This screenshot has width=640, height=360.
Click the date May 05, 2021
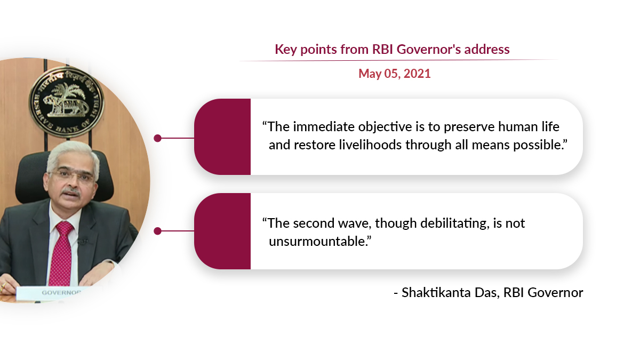pyautogui.click(x=394, y=74)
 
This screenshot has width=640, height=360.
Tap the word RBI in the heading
pyautogui.click(x=382, y=49)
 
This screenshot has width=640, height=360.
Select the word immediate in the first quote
pyautogui.click(x=324, y=126)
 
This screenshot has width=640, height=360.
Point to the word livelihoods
pyautogui.click(x=370, y=145)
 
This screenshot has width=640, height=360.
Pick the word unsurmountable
pyautogui.click(x=317, y=242)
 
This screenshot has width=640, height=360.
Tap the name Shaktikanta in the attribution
pyautogui.click(x=436, y=293)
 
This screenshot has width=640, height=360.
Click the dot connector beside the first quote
pyautogui.click(x=157, y=138)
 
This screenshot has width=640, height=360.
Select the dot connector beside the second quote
pyautogui.click(x=157, y=231)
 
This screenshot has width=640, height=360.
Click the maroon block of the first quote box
pyautogui.click(x=222, y=137)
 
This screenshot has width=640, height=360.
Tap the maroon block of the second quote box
pyautogui.click(x=222, y=231)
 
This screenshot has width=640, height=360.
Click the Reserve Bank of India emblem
pyautogui.click(x=67, y=101)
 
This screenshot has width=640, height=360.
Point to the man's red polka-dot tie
pyautogui.click(x=61, y=253)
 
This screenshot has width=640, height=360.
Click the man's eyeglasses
pyautogui.click(x=72, y=175)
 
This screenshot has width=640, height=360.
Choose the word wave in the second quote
pyautogui.click(x=354, y=223)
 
